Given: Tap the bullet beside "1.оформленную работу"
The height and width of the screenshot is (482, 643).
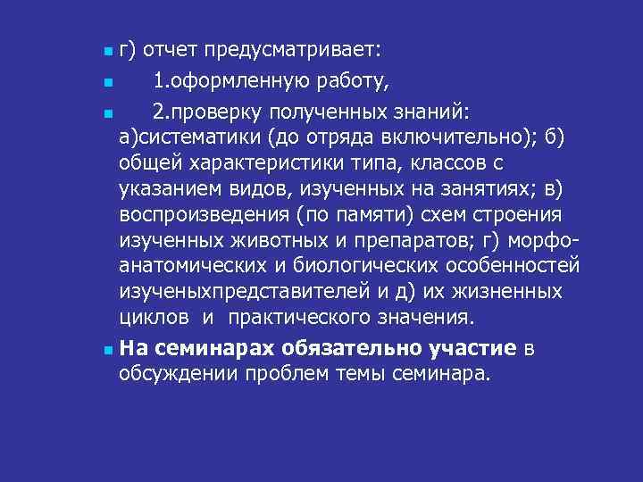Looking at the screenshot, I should point(107,84).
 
